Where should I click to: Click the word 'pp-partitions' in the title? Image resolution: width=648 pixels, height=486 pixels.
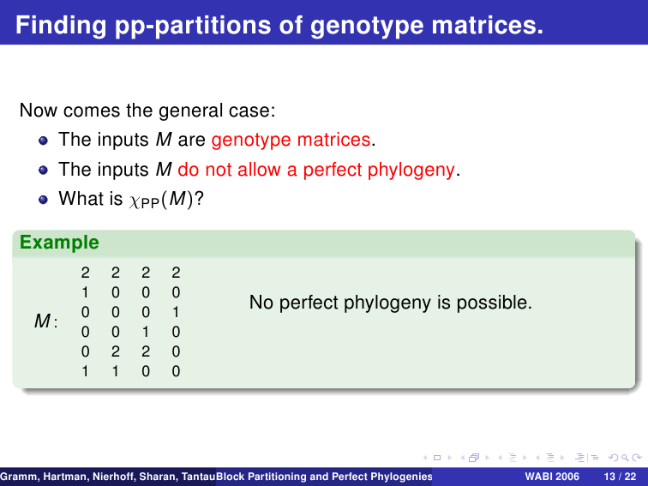click(x=193, y=26)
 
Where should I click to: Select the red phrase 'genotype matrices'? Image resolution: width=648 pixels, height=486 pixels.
click(x=291, y=140)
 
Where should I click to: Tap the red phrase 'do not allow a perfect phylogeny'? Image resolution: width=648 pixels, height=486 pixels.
click(x=316, y=170)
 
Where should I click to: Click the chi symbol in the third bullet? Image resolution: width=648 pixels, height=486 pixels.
click(x=135, y=201)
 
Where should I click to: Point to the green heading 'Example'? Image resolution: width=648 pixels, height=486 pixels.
click(x=59, y=243)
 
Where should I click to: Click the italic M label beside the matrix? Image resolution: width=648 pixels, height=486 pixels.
click(x=42, y=321)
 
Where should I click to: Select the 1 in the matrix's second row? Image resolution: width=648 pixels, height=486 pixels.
click(x=85, y=292)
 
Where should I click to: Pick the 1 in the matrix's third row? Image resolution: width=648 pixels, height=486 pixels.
click(x=176, y=312)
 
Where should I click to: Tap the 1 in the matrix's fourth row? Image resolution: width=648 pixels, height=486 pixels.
click(x=146, y=332)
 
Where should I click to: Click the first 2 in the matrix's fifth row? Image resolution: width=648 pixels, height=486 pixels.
click(x=116, y=351)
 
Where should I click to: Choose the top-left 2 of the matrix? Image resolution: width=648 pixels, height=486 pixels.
click(x=85, y=273)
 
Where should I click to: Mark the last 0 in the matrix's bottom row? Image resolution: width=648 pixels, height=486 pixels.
click(x=176, y=371)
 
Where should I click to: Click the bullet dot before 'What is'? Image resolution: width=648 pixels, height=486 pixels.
click(x=43, y=200)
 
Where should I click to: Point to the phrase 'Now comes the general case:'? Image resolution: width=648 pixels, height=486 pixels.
click(x=147, y=111)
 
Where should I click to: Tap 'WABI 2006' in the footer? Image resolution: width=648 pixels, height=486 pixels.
click(x=552, y=477)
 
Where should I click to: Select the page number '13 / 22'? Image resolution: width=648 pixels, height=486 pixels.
click(x=620, y=477)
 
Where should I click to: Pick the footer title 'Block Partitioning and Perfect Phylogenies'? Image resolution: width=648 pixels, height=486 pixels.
click(x=324, y=477)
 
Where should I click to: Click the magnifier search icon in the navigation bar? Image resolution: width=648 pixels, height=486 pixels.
click(x=625, y=458)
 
